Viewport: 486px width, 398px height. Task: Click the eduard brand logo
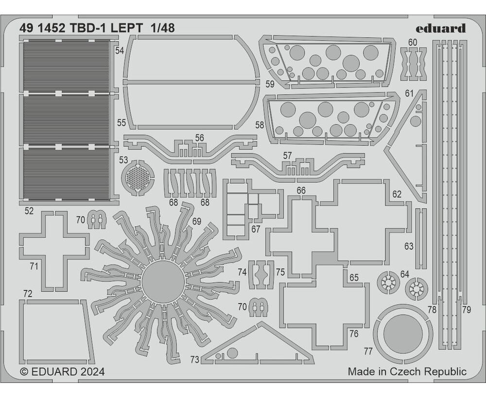440,28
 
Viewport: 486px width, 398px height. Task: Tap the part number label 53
123,160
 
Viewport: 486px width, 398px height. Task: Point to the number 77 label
368,351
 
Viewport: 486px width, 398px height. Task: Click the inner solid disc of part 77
403,334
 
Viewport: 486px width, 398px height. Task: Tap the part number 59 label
270,84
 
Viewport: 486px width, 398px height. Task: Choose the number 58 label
260,125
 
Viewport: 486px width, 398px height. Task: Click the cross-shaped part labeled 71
54,251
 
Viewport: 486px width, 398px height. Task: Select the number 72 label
28,294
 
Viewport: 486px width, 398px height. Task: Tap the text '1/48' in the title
163,28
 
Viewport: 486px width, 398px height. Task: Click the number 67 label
256,229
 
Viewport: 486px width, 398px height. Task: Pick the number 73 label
195,360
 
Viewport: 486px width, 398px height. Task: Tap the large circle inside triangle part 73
232,353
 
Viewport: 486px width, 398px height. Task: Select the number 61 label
409,93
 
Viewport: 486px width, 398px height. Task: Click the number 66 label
301,190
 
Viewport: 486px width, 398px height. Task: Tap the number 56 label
200,138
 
